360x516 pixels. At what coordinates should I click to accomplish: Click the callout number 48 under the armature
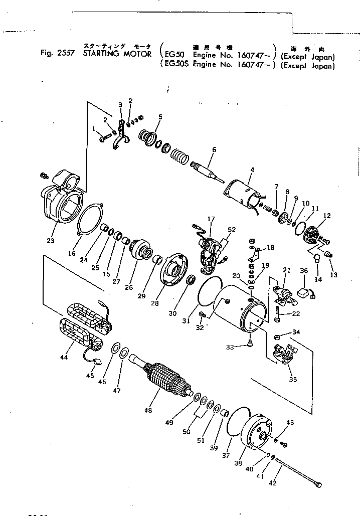coord(147,410)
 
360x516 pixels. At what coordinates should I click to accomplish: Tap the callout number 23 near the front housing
coord(50,240)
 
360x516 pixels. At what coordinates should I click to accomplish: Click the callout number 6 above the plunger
coord(214,149)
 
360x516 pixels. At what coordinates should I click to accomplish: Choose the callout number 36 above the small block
coord(303,270)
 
